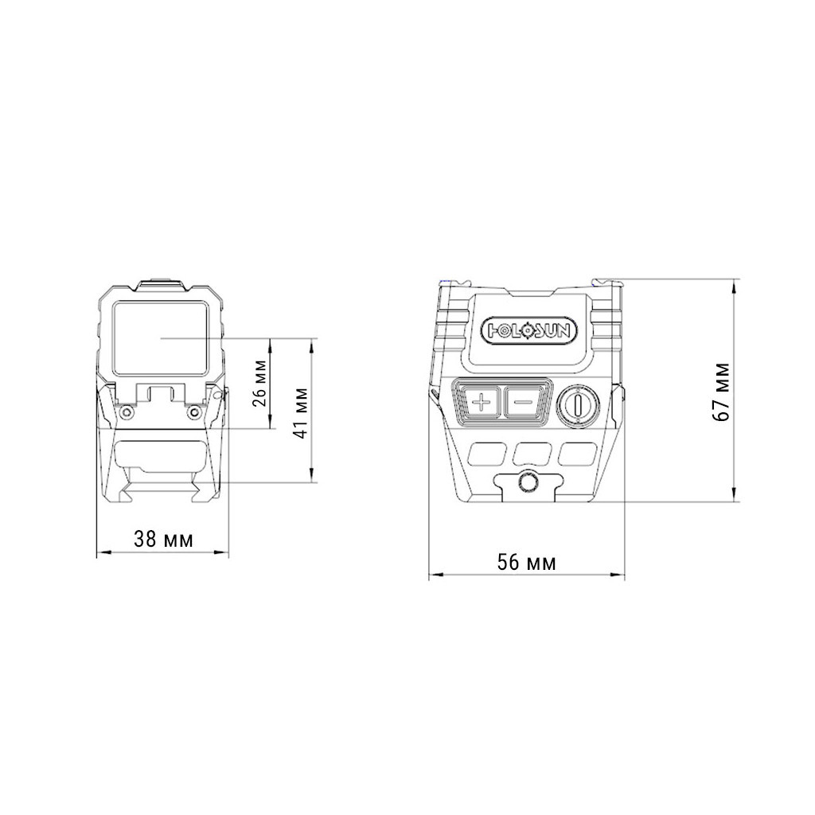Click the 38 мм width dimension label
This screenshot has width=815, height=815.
[x=163, y=539]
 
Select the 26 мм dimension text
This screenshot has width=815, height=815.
[x=261, y=383]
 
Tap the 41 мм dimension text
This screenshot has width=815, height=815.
[x=302, y=413]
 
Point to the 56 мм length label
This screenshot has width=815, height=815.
[x=527, y=562]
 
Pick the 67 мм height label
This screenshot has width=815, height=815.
[x=721, y=392]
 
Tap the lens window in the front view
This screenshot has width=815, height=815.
[x=161, y=337]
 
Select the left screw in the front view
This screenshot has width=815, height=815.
[x=127, y=413]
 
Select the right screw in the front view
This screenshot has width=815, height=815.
[x=194, y=413]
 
